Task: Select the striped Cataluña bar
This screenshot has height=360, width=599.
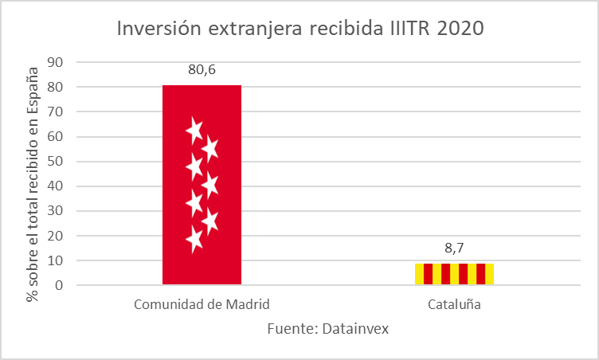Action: [453, 274]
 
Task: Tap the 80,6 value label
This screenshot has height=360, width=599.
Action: [202, 69]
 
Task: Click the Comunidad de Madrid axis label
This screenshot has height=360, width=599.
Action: [202, 304]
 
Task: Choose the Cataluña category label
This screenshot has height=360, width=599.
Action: [454, 304]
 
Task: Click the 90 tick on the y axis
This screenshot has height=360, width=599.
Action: [56, 63]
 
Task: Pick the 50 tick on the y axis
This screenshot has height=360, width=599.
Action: [56, 162]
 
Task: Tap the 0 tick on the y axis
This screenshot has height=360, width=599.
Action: [59, 285]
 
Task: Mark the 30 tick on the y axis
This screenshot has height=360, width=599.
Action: [56, 211]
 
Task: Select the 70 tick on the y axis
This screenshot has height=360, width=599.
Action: [56, 112]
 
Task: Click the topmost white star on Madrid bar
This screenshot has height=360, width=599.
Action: [194, 129]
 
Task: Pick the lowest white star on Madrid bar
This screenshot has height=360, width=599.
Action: [194, 237]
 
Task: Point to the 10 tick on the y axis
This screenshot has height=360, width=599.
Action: [56, 260]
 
